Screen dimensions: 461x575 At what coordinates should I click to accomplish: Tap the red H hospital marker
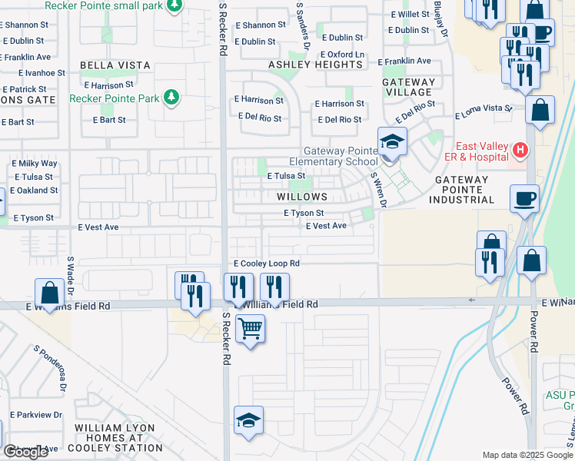coord(520,149)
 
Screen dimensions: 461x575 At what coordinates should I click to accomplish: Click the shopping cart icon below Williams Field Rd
coord(249,330)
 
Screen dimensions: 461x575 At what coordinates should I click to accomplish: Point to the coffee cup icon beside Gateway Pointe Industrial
coord(525,198)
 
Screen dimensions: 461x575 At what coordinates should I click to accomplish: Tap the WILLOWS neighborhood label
coord(302,197)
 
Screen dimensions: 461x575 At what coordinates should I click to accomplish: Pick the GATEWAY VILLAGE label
coord(409,87)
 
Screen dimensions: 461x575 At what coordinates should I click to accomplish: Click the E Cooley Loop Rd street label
coord(266,263)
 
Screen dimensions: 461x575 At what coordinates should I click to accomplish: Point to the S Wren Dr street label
coord(377,189)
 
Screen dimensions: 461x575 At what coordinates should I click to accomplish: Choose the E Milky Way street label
coord(35,164)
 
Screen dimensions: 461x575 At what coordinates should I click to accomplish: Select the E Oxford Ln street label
coord(342,55)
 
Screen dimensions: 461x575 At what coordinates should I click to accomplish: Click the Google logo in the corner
coord(26,452)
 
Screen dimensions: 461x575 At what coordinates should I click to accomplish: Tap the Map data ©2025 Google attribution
coord(526,455)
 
